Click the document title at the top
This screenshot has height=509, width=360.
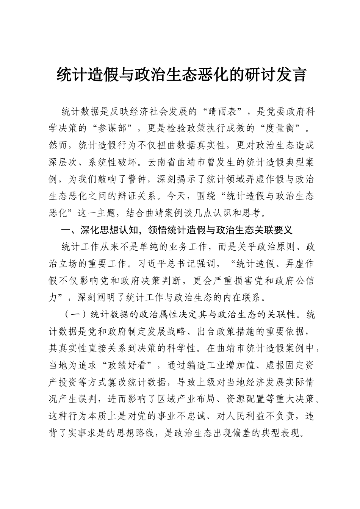point(181,75)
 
